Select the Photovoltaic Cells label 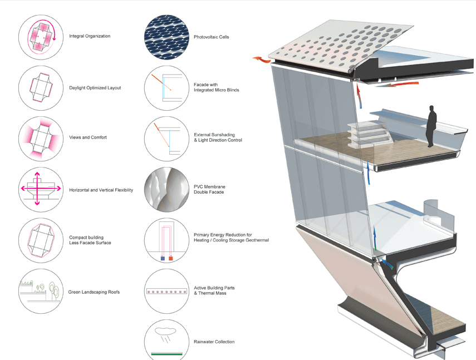pos(211,37)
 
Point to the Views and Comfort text pos(88,137)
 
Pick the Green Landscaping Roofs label pos(94,292)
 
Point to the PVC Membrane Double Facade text pos(209,190)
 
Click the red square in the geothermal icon pos(170,259)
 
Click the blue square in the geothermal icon pos(162,259)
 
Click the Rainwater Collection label pos(214,342)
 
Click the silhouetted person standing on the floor pos(431,126)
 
